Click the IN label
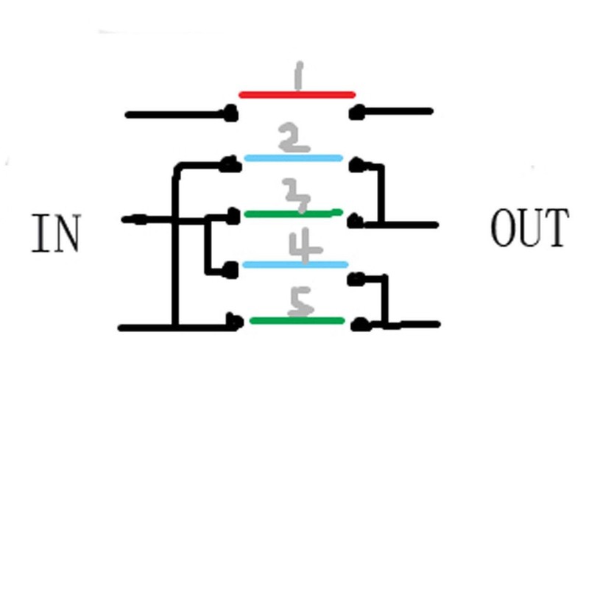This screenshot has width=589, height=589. (56, 233)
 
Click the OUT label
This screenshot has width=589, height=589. (529, 228)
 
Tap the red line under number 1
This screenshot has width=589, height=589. (297, 95)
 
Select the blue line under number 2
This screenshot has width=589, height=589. (293, 158)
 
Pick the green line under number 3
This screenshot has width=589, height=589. (293, 214)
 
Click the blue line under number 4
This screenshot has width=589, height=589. (295, 265)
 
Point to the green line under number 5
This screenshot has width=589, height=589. (297, 320)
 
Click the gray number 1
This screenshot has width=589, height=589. (299, 76)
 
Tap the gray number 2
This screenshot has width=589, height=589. (294, 138)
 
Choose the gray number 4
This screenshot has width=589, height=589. (305, 246)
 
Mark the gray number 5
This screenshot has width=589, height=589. (300, 302)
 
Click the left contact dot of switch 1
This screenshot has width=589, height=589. (230, 113)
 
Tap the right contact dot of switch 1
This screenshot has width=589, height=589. (356, 113)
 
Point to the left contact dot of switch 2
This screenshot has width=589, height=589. (230, 164)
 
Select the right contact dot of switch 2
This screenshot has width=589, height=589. (357, 165)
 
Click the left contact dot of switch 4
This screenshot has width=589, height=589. (230, 270)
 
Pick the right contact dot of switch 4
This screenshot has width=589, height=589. (356, 279)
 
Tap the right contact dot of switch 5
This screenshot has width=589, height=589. (360, 324)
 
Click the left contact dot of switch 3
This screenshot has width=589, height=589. (233, 216)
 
